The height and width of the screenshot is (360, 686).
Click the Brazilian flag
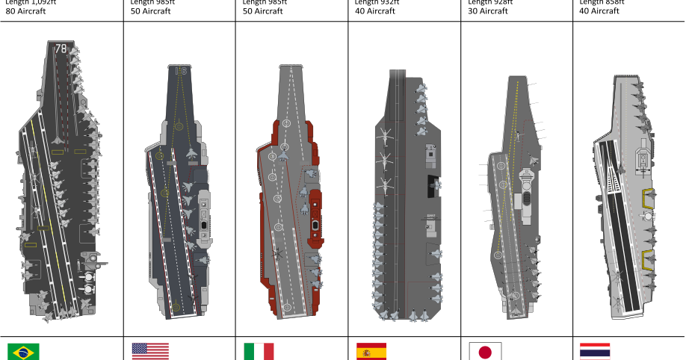coord(24,352)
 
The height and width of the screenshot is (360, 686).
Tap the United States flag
coord(150,351)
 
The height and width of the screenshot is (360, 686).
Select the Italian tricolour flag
coord(259,351)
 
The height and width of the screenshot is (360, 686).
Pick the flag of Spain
coord(371,351)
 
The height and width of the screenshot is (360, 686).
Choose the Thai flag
coord(595,351)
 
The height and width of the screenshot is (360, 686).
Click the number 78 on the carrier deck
coord(61,49)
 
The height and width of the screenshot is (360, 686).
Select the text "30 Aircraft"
coord(488,11)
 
